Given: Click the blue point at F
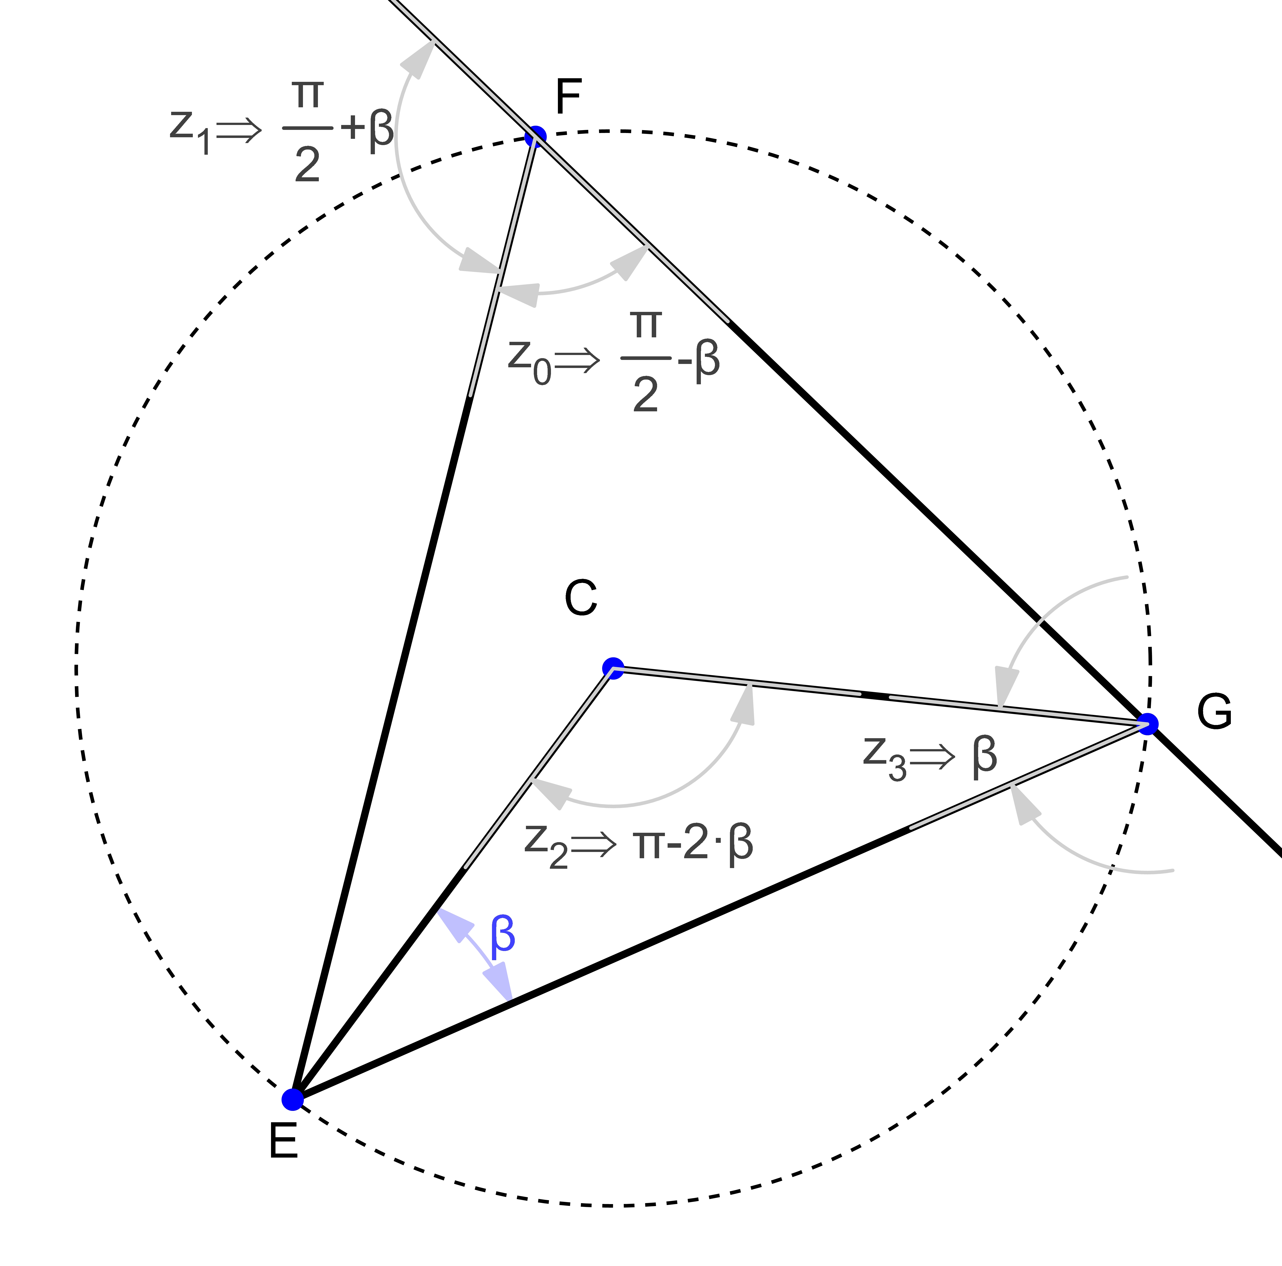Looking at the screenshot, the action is pos(536,137).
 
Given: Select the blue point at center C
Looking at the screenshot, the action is pos(613,668).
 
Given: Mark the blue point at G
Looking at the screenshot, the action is pos(1147,724).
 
